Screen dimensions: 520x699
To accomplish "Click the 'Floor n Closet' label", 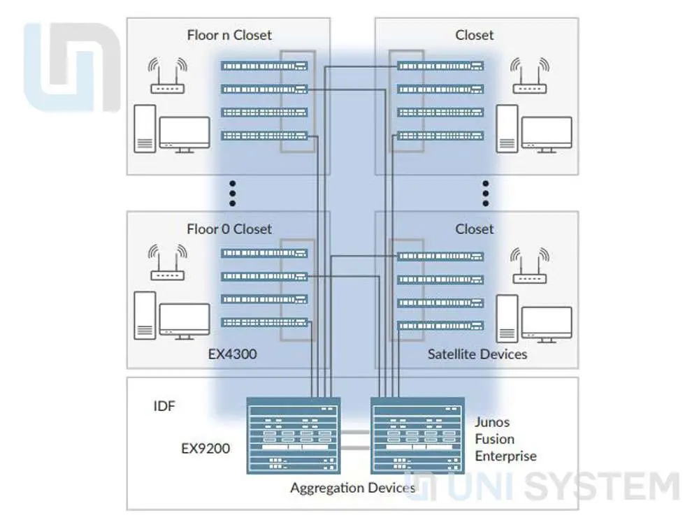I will (229, 35).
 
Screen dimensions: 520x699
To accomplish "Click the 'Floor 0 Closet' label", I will (229, 229).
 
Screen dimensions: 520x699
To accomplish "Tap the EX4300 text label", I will (232, 354).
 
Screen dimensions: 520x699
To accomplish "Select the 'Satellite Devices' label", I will (477, 354).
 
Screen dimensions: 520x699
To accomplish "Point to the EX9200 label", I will (206, 448).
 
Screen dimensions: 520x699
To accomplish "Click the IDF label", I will (164, 406).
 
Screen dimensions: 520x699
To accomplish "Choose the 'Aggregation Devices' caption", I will (352, 488).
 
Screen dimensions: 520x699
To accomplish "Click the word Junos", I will (492, 422).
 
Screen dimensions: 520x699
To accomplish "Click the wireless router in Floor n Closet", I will (168, 76).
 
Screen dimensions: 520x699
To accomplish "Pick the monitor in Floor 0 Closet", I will (185, 322).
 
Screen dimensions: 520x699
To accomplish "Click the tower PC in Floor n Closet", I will (145, 129).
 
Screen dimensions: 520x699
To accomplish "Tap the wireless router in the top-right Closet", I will (530, 76).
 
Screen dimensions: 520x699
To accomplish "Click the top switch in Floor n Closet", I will (264, 66).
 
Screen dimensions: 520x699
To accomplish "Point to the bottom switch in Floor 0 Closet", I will (264, 322).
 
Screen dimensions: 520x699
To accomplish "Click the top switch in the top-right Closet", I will (440, 66).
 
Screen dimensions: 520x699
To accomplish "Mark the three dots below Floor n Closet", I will (233, 194).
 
